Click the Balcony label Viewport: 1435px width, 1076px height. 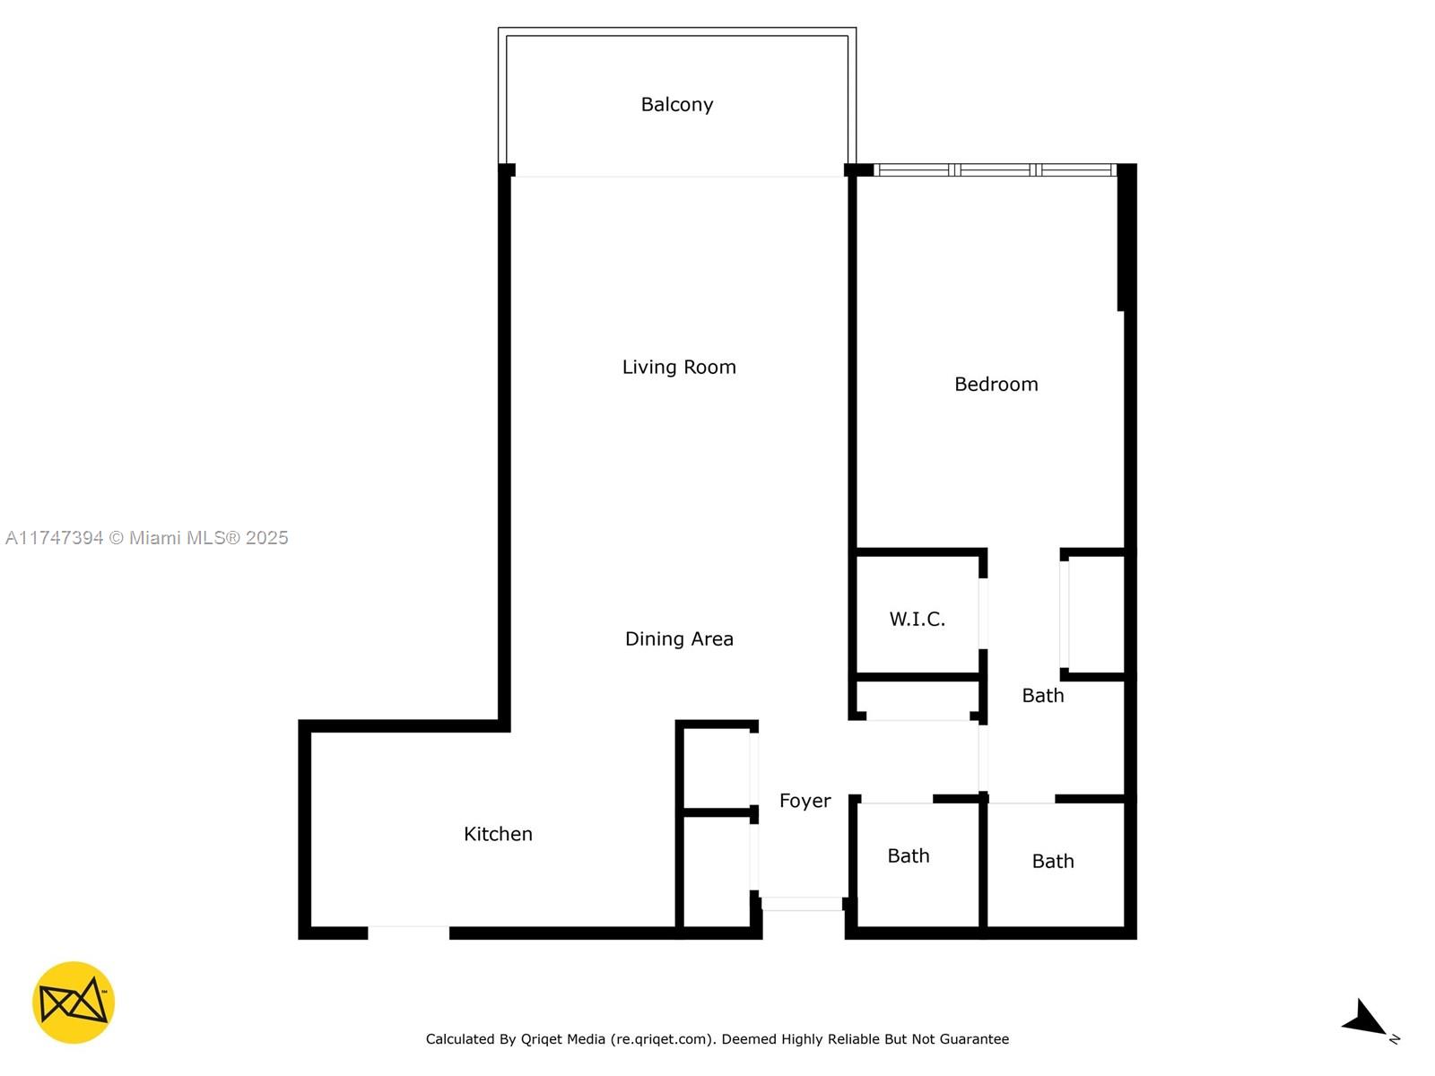(676, 105)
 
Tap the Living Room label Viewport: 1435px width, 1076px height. (679, 367)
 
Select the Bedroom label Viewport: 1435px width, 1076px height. (996, 384)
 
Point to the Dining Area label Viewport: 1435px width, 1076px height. (679, 638)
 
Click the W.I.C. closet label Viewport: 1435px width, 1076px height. (917, 619)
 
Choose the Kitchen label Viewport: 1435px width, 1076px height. (498, 834)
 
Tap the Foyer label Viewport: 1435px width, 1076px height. (804, 801)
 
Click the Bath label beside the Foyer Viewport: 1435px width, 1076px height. (908, 855)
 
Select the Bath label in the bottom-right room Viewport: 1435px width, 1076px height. (1053, 861)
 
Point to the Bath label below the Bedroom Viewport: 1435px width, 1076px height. (1043, 695)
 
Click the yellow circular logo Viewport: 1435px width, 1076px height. (74, 1002)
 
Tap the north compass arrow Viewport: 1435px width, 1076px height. (1364, 1019)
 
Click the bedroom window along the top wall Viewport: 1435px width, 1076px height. (995, 169)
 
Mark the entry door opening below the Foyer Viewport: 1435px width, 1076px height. (802, 904)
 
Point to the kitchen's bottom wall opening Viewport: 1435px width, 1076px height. (409, 933)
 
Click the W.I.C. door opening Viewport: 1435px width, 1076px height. (983, 613)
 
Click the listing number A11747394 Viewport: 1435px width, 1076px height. (55, 538)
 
